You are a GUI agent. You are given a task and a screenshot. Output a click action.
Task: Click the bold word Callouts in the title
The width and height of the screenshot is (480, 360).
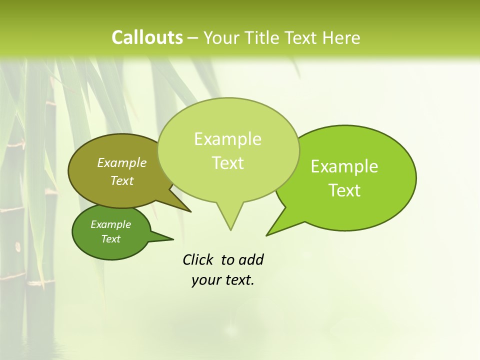tap(147, 37)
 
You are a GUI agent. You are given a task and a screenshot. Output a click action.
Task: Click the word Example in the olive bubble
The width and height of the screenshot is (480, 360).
tap(122, 162)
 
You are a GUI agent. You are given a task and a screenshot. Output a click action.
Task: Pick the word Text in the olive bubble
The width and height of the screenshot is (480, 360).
tap(122, 180)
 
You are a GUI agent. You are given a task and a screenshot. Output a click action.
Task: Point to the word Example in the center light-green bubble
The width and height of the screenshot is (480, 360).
tap(227, 139)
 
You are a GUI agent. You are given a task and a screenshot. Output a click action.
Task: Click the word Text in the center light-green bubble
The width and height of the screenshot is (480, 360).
tap(227, 163)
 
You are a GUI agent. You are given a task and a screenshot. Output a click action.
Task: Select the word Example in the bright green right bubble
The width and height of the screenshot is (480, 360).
tap(344, 166)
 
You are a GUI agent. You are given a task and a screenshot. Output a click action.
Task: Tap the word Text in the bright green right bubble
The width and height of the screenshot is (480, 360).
tap(344, 190)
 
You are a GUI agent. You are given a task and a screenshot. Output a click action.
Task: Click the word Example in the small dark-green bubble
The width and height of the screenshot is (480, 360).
tap(110, 224)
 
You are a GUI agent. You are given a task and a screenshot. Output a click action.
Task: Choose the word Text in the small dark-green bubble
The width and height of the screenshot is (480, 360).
tap(110, 239)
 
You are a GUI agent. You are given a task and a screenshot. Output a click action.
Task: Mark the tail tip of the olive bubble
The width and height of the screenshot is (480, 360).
tap(190, 211)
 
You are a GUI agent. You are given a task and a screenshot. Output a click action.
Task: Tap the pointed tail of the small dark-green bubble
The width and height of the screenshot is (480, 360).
tap(172, 239)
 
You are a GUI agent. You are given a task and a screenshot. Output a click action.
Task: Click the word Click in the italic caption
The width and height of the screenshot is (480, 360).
tap(198, 259)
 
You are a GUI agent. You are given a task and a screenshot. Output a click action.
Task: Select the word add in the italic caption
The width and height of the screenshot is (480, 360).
tap(251, 259)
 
